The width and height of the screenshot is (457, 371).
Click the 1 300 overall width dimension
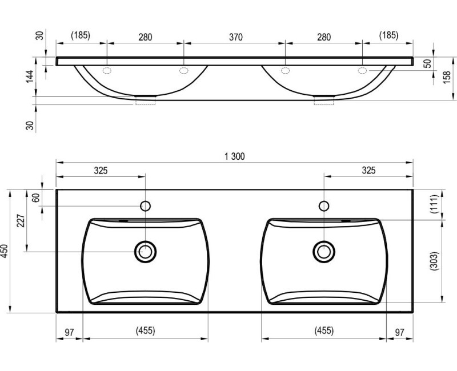[235, 156]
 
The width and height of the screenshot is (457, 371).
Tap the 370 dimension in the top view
[235, 37]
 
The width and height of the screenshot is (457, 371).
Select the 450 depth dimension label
[5, 251]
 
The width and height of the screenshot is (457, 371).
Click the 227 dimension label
[21, 221]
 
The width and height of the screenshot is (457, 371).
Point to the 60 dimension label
[35, 197]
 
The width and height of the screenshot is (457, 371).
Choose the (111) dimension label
[434, 204]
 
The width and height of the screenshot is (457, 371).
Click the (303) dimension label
[434, 261]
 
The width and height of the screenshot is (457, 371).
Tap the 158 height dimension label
[447, 77]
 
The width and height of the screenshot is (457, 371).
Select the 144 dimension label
[30, 76]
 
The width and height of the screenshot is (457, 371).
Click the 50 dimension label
[427, 64]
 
